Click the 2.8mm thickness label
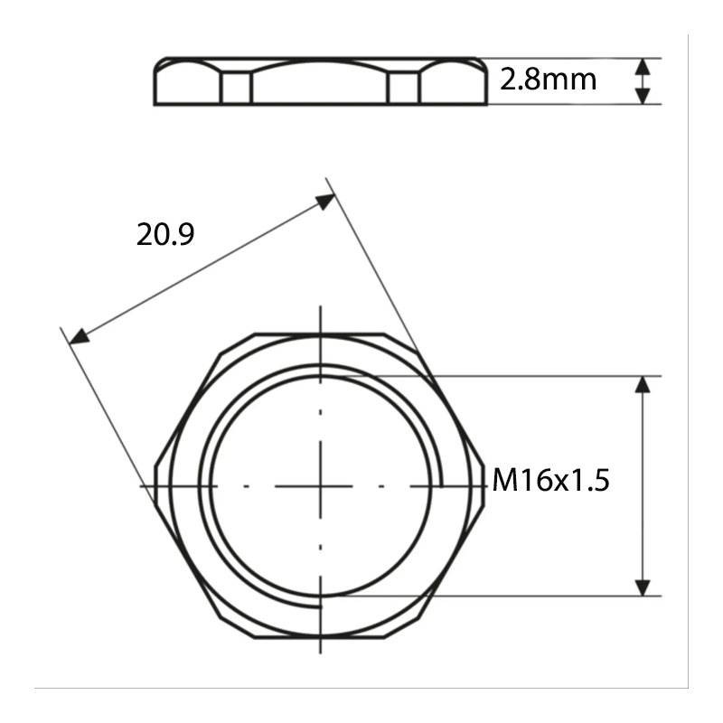[x=548, y=80]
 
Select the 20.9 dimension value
[x=165, y=234]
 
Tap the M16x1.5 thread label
[x=550, y=480]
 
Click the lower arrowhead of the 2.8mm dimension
[x=643, y=96]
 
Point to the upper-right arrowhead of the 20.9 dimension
[x=325, y=201]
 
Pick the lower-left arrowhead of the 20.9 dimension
[x=79, y=336]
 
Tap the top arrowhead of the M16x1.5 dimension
[x=643, y=385]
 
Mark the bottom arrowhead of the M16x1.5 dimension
[x=643, y=587]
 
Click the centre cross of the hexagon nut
[x=321, y=486]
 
